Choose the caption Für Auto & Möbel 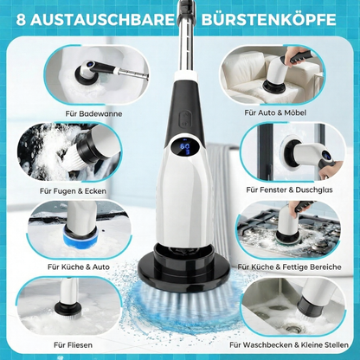pyautogui.click(x=289, y=112)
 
